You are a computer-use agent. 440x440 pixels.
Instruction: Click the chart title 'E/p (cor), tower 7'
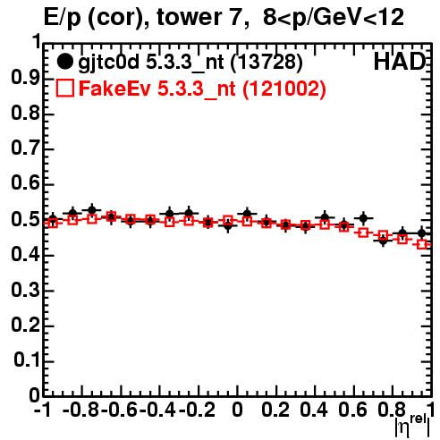(147, 17)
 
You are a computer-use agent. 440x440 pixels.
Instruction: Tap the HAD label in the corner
(400, 62)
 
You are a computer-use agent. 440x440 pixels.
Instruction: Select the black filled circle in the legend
(64, 62)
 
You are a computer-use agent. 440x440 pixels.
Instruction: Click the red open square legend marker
(64, 89)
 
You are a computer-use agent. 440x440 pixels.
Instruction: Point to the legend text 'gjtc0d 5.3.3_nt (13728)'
(190, 63)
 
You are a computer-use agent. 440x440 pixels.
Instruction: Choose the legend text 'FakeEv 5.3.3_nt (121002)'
(202, 89)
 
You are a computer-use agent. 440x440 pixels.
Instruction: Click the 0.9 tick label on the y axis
(25, 79)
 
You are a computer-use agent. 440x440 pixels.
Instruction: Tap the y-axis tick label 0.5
(25, 220)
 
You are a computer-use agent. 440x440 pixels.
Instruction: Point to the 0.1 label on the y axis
(26, 360)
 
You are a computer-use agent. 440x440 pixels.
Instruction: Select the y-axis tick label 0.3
(25, 291)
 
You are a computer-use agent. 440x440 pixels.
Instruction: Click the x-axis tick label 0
(237, 410)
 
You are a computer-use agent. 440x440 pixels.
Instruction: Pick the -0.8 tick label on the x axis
(81, 410)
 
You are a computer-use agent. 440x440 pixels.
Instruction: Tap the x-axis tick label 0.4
(314, 410)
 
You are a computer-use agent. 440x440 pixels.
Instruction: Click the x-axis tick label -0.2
(197, 410)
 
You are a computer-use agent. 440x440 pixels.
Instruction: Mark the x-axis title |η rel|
(412, 426)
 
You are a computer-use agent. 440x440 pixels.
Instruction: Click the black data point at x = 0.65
(363, 218)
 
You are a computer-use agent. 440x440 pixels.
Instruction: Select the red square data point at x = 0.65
(363, 233)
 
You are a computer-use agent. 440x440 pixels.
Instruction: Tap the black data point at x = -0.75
(92, 210)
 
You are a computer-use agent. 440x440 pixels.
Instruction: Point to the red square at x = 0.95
(422, 244)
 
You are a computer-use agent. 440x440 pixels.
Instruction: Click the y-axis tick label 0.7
(25, 149)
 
